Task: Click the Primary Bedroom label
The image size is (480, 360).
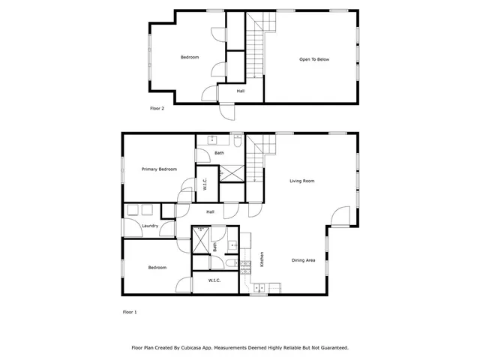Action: tap(158, 169)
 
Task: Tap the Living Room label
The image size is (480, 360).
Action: tap(302, 181)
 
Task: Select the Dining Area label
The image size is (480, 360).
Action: tap(304, 260)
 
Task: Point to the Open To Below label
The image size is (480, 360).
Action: tap(314, 59)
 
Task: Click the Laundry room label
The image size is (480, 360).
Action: tap(149, 226)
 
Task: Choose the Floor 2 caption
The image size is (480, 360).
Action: tap(157, 108)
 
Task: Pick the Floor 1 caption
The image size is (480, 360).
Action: tap(130, 311)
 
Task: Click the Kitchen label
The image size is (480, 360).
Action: tap(262, 259)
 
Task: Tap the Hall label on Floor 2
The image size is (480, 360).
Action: tap(240, 91)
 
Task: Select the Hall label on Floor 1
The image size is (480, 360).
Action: tap(211, 212)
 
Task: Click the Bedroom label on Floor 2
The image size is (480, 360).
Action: tap(190, 58)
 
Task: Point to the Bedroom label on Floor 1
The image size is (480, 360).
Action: tap(157, 268)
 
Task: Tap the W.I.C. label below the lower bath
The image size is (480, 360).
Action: tap(214, 281)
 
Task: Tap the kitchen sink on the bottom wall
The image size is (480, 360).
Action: tap(260, 287)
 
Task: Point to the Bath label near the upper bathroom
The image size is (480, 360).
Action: tap(219, 154)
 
